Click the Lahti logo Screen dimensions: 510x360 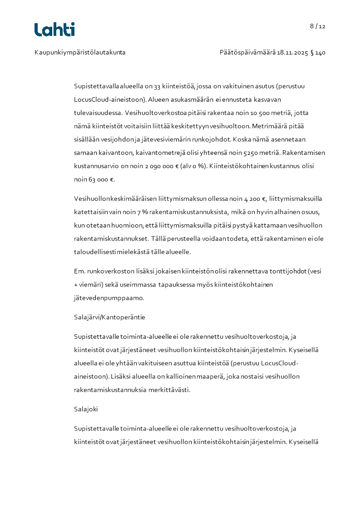[54, 30]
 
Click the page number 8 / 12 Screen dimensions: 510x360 [318, 26]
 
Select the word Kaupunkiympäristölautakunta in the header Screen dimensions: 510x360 [80, 53]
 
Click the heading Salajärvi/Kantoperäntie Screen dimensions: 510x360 [109, 317]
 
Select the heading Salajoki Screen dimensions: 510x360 [86, 409]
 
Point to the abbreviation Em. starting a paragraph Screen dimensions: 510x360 [79, 272]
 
